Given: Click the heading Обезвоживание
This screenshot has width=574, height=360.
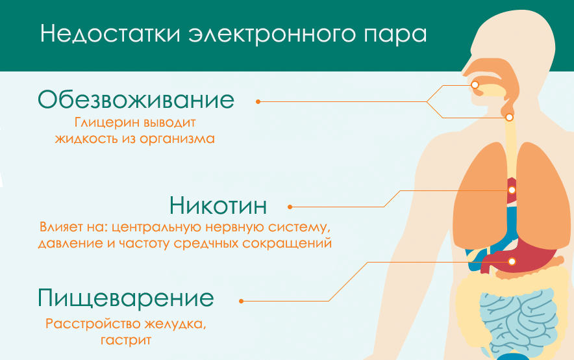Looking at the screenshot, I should (x=136, y=100).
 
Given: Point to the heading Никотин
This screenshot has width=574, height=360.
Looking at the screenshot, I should (x=218, y=206).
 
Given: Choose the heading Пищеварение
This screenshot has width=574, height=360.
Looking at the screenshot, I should (x=126, y=299).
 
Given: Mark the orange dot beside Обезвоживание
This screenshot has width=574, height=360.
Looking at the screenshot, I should (x=258, y=101).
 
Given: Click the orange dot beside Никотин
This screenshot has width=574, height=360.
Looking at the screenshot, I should (x=290, y=207).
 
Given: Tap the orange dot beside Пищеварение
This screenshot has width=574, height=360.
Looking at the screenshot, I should (x=241, y=301).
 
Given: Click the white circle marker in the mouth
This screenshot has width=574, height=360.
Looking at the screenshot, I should (x=475, y=84).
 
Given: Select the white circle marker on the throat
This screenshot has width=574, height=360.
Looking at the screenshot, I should (x=509, y=118).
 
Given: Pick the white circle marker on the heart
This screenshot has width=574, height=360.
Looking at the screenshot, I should (x=512, y=190).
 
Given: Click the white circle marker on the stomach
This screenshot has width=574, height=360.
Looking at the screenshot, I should (x=511, y=261).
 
